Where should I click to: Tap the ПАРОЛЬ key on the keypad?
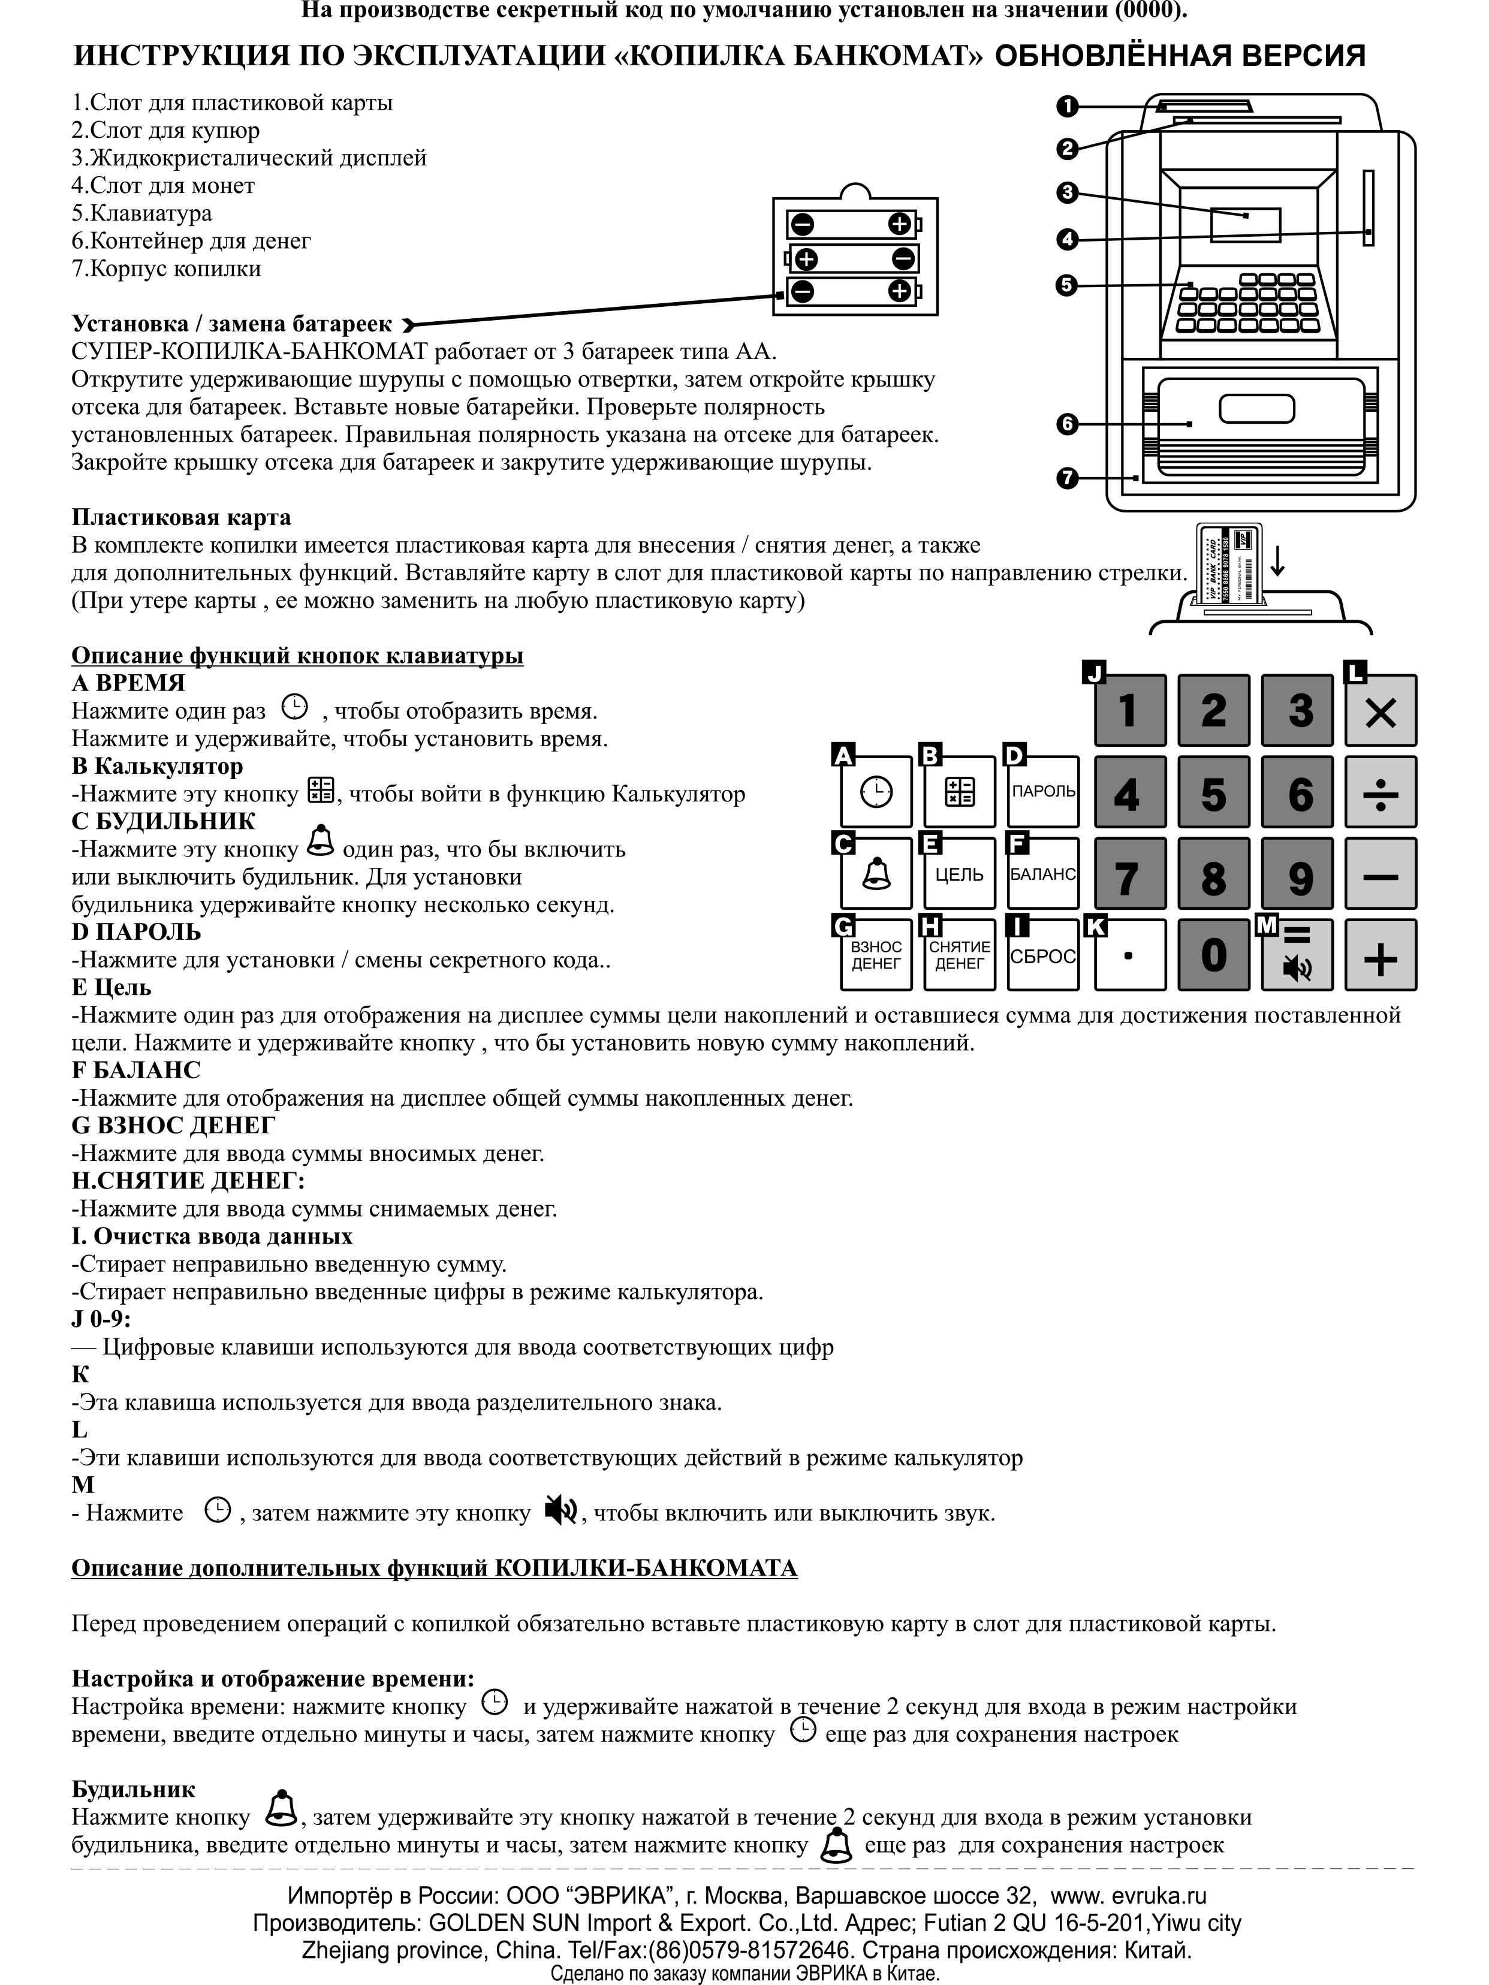[x=1043, y=792]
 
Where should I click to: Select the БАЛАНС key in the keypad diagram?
[x=1043, y=874]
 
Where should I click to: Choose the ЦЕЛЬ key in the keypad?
[x=960, y=874]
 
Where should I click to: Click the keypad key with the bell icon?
[x=876, y=874]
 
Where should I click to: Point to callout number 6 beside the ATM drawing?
[x=1066, y=424]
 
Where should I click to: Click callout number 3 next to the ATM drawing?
[x=1066, y=192]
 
